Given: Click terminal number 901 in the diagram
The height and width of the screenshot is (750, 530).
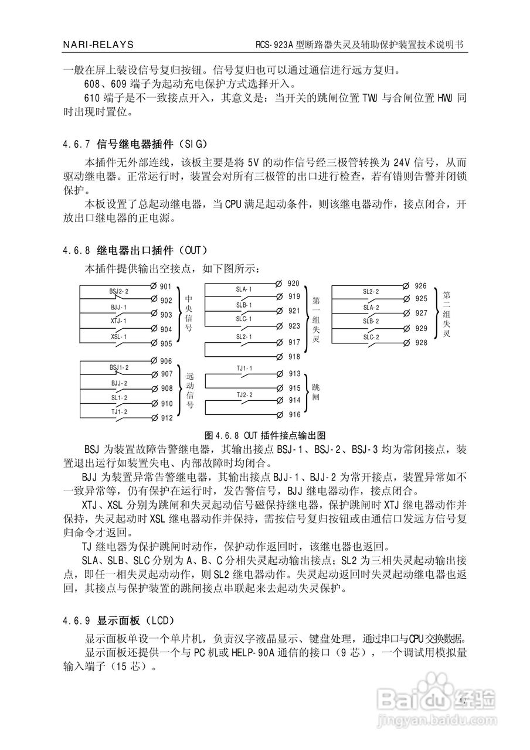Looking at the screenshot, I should [165, 287].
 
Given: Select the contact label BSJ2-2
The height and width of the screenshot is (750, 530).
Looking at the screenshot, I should [119, 291].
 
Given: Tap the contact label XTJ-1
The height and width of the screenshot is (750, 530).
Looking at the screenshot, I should [118, 321].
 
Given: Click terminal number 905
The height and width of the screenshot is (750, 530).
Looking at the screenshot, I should [165, 344].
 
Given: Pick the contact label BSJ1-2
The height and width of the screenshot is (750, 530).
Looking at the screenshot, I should [119, 367].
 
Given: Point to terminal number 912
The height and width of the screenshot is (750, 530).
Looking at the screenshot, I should [167, 418].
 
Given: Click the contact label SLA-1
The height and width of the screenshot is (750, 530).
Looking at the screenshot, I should [244, 289].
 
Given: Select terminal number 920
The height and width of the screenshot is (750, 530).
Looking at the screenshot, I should [293, 284].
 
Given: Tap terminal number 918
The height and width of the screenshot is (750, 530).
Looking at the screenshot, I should [293, 357].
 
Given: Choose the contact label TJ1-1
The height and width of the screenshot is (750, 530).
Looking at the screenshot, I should [244, 369].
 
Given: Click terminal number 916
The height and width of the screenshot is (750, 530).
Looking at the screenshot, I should [294, 415].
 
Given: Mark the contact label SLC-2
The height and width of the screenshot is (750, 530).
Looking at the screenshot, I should [371, 336].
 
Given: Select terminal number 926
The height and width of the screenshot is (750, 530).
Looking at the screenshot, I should [420, 286].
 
